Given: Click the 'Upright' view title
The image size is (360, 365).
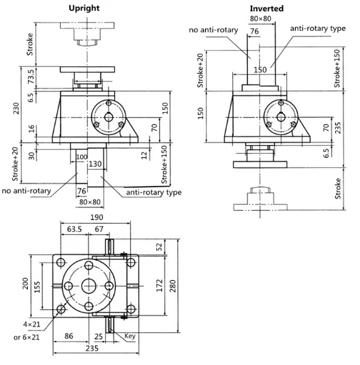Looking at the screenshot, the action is point(84,9).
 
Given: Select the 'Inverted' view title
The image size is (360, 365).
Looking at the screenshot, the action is point(266,9).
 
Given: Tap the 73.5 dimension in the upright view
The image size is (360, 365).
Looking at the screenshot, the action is point(31,76).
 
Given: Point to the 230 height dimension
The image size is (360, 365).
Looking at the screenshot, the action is point(16,108).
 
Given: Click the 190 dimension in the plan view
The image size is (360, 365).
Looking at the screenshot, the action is point(96,217).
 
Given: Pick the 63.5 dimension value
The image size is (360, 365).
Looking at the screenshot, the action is point(74,229).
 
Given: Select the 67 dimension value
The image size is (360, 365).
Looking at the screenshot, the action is point(99,229).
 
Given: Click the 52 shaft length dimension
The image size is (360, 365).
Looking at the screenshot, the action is point(159,247).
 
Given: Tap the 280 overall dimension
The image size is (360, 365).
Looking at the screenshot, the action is point(173,286).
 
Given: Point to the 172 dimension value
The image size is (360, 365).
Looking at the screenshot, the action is point(159,286).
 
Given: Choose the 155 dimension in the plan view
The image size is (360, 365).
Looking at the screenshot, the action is point(37,287).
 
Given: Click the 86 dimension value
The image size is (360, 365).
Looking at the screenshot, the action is point(69,336).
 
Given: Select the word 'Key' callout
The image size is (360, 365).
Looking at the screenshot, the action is point(130,336).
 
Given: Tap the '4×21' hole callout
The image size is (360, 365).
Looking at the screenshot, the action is point(32,324).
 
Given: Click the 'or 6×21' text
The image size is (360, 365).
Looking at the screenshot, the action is point(27,337).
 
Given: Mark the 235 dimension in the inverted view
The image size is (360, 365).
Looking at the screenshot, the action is point(338,128).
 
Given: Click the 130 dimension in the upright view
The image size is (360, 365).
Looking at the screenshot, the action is point(95,164).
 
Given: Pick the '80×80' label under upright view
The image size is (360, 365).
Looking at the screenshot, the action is point(90,202).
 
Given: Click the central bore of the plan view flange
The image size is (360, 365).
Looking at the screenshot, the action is point(89,286).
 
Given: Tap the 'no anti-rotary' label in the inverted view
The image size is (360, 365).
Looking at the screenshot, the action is point(213,30).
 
